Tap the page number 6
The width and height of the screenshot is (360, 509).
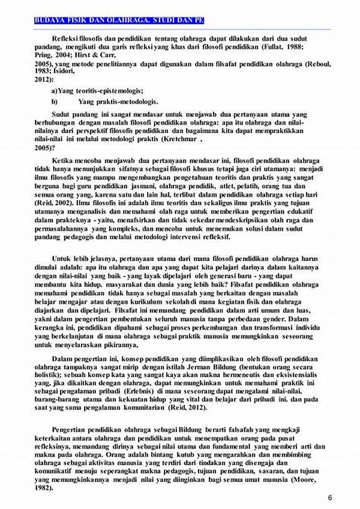[x=330, y=498]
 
